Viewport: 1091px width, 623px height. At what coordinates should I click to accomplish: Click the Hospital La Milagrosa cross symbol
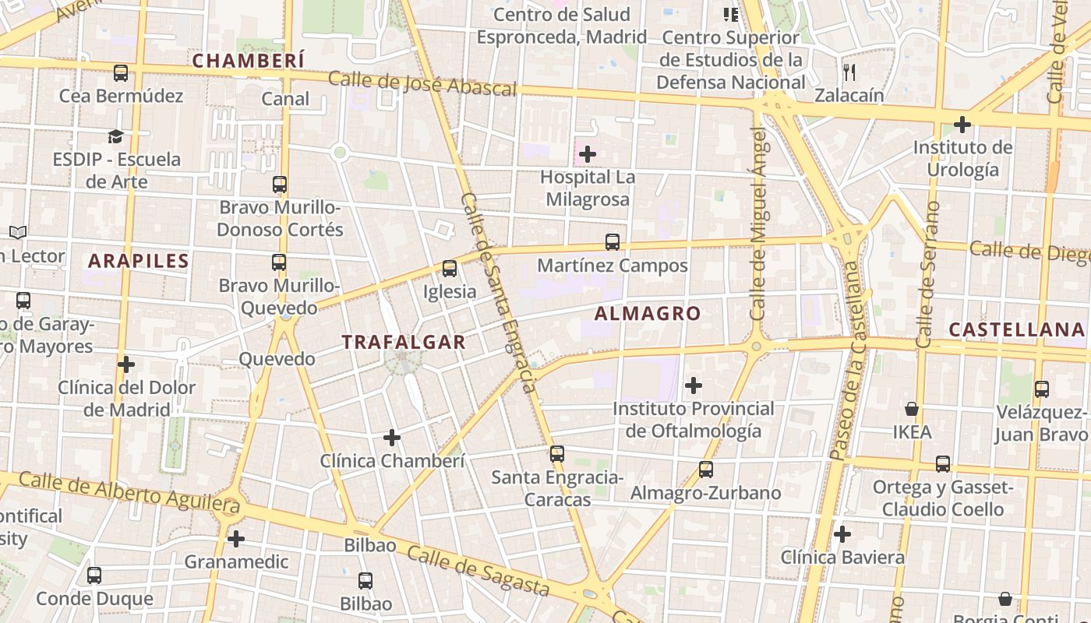[588, 154]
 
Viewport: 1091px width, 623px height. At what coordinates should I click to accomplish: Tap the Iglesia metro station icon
[450, 269]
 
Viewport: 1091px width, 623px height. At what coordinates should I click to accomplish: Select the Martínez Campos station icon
[613, 242]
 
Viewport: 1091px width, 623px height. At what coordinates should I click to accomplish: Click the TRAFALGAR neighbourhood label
[404, 342]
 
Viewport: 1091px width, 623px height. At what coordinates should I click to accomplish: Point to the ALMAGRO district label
[648, 314]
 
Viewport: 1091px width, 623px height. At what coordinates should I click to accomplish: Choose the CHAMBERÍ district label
[249, 61]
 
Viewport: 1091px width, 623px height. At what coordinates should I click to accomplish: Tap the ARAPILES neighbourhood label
[139, 261]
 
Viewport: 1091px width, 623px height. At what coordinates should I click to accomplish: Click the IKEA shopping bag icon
[912, 409]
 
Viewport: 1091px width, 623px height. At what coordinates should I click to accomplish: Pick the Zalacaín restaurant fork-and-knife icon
[849, 72]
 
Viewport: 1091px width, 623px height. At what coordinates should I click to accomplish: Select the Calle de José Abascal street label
[422, 83]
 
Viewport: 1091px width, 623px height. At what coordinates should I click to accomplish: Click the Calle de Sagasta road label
[478, 572]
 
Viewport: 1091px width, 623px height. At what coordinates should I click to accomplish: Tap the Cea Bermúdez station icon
[121, 73]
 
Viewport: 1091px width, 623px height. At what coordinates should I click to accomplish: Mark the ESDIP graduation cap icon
[116, 137]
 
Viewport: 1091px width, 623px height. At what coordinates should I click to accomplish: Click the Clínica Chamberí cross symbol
[392, 438]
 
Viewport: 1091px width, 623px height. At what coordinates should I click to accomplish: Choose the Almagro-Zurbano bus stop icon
[706, 470]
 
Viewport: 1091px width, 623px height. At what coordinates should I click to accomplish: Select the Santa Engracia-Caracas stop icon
[556, 454]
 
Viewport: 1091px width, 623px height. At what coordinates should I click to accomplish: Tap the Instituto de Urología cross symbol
[962, 124]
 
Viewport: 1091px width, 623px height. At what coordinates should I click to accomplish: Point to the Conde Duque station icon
[94, 575]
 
